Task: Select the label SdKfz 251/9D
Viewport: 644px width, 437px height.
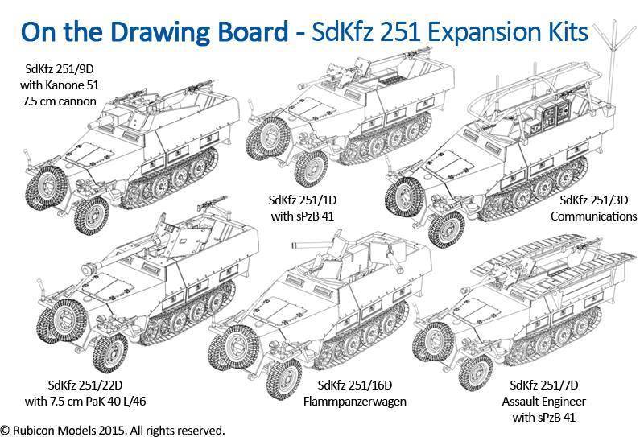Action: click(x=59, y=69)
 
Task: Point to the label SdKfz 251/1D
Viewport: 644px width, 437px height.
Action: click(x=303, y=200)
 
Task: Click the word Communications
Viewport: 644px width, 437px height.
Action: click(x=593, y=216)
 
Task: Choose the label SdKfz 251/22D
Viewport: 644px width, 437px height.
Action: click(x=85, y=385)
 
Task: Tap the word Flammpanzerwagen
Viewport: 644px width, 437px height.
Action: click(x=354, y=402)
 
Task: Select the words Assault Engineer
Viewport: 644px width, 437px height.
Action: click(x=544, y=402)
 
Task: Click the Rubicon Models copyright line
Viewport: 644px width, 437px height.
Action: click(x=113, y=431)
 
